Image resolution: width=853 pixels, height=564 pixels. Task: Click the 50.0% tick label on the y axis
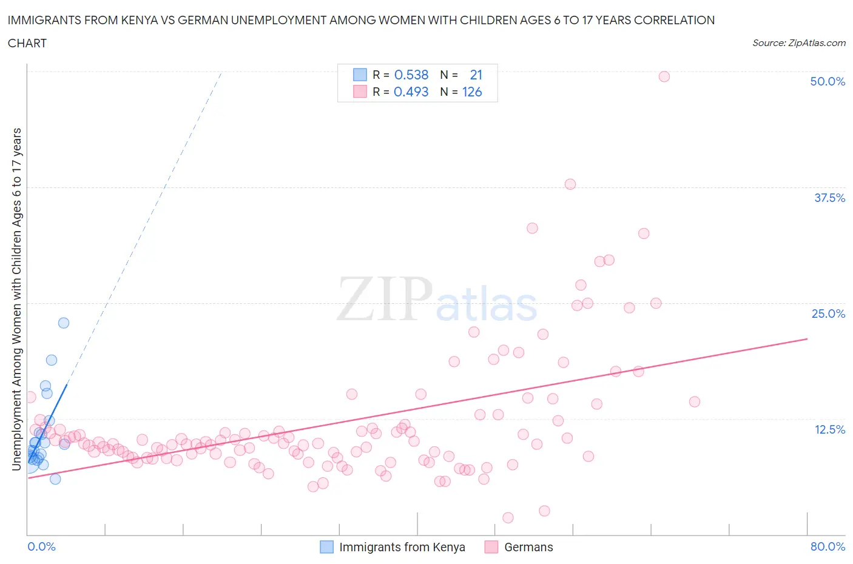[827, 81]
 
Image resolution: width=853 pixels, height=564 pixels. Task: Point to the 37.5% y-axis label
[829, 198]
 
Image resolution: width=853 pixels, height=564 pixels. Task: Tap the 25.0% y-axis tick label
[828, 314]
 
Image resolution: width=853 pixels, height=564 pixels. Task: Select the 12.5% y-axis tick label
[829, 429]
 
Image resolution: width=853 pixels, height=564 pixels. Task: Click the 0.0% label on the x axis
[41, 546]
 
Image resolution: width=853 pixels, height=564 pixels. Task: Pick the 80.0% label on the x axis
[828, 546]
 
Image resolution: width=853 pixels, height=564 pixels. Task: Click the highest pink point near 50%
[664, 76]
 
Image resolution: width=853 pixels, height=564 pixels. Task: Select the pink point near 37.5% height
[570, 184]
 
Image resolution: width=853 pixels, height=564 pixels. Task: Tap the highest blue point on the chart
[63, 323]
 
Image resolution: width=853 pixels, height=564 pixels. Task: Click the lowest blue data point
[55, 478]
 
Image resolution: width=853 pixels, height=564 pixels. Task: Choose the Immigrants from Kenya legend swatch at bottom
[326, 547]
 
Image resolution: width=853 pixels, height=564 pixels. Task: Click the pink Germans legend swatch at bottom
[491, 547]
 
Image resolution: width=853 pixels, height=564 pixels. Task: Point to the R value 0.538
[411, 75]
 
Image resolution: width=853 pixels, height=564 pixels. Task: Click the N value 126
[472, 92]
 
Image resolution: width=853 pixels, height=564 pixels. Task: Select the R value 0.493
[411, 92]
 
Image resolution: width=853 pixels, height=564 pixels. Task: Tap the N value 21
[476, 75]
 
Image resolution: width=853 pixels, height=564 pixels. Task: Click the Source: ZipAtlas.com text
[798, 42]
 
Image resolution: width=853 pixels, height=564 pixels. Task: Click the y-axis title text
[16, 299]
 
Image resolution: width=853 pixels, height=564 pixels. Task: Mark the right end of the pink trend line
[807, 338]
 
